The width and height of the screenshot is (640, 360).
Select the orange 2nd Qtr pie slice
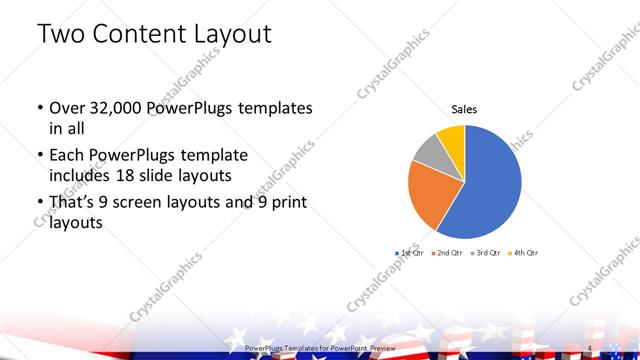(x=432, y=194)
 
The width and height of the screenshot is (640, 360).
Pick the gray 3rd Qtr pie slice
(x=428, y=151)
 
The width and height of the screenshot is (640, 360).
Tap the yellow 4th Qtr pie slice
(x=451, y=137)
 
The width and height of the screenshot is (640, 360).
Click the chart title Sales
(x=464, y=108)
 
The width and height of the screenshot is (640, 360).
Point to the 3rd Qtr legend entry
(x=485, y=253)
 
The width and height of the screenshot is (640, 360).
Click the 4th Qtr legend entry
(x=524, y=253)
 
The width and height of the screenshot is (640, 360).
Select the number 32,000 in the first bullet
(x=116, y=108)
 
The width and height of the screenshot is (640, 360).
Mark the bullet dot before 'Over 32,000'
(x=39, y=108)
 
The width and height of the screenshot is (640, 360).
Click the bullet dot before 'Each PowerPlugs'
(x=39, y=156)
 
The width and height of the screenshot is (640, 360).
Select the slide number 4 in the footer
(x=590, y=348)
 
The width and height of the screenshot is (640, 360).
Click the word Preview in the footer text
(x=383, y=348)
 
